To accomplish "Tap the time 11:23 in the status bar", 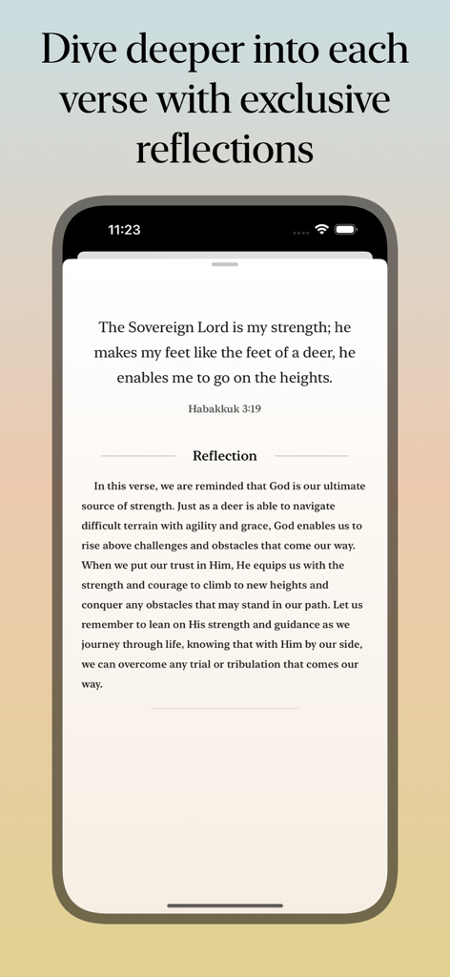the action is (124, 230).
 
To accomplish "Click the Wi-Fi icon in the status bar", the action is (321, 230).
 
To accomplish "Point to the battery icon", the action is (345, 230).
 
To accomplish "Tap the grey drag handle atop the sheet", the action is (225, 263).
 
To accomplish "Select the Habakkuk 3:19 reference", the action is (225, 408).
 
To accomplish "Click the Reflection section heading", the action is (225, 456).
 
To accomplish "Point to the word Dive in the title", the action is (79, 50).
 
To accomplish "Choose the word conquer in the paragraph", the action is (106, 605).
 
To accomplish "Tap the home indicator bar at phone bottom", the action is (225, 905).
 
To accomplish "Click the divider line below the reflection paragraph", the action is (225, 709).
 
